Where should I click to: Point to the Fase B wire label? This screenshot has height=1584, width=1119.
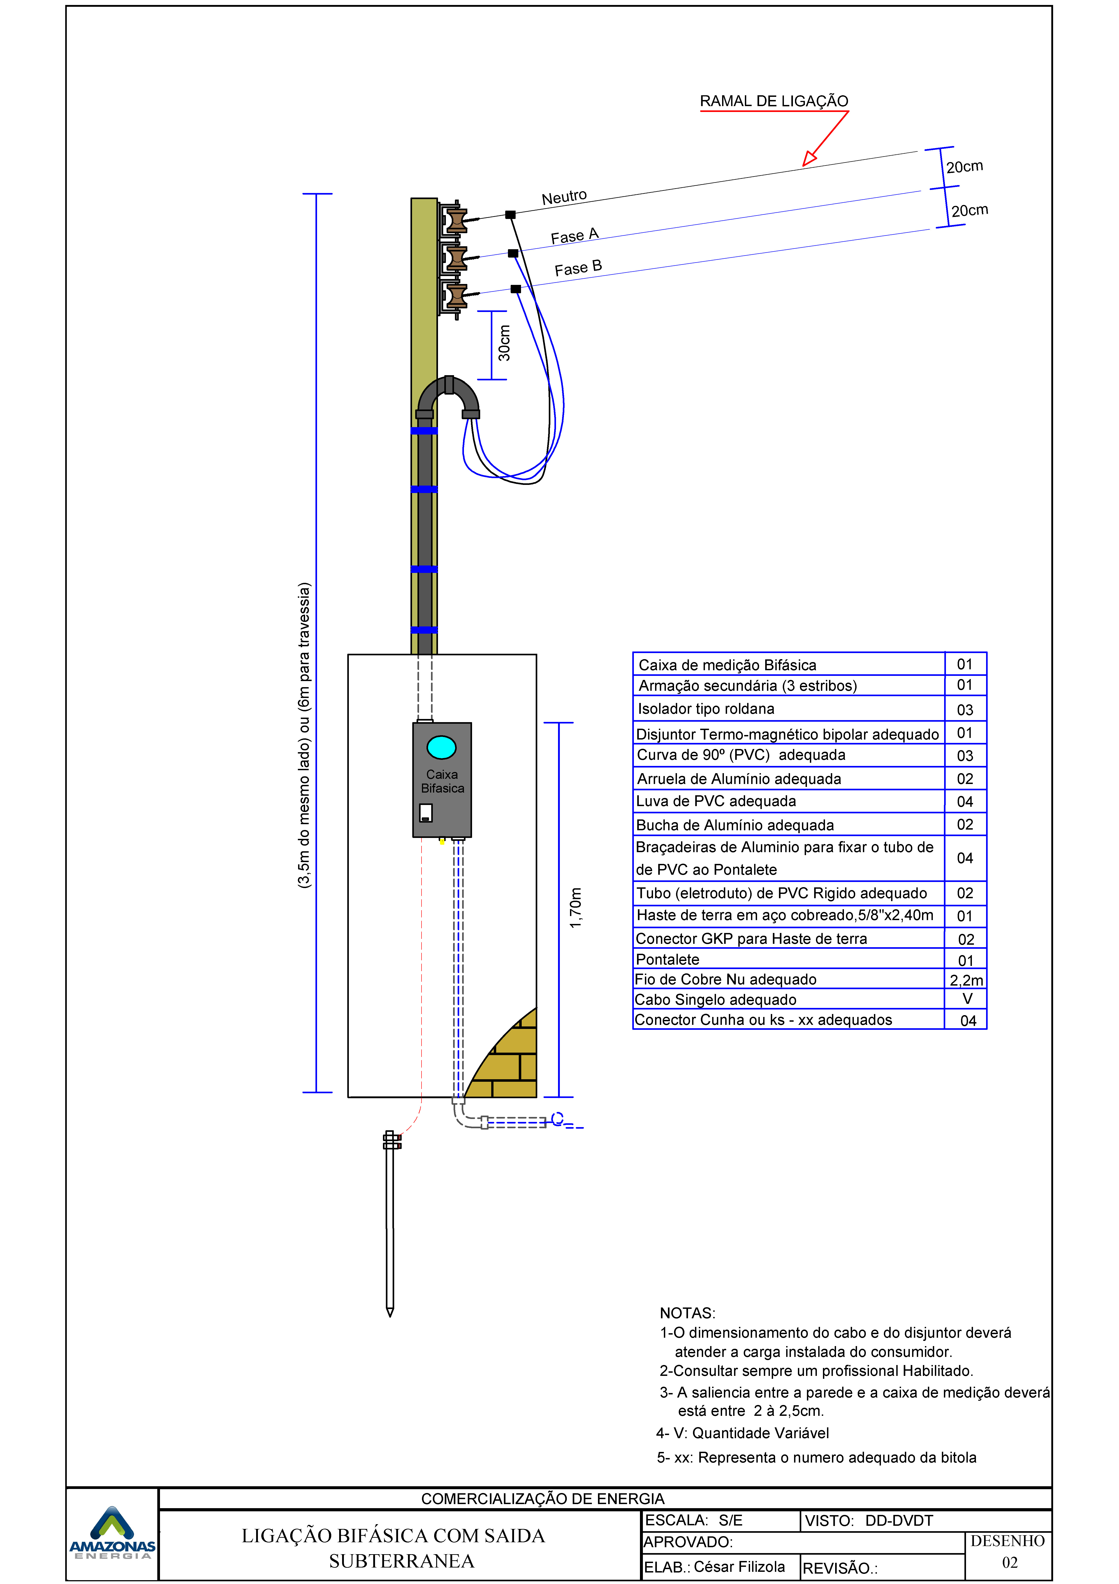pyautogui.click(x=578, y=268)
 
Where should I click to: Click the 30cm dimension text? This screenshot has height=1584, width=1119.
pyautogui.click(x=505, y=343)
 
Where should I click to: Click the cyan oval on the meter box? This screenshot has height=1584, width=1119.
pyautogui.click(x=441, y=747)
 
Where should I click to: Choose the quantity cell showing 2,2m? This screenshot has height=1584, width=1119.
pyautogui.click(x=966, y=980)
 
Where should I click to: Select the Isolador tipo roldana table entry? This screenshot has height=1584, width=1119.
pyautogui.click(x=706, y=709)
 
